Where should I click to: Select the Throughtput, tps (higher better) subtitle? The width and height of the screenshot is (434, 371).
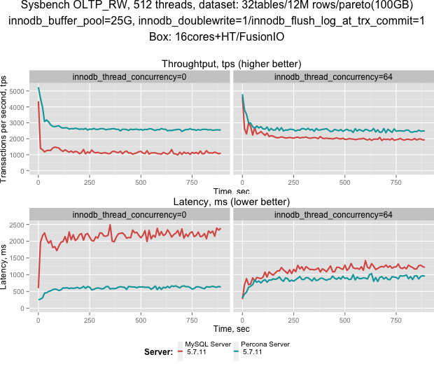pyautogui.click(x=231, y=64)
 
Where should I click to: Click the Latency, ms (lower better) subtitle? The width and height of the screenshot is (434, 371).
pyautogui.click(x=231, y=202)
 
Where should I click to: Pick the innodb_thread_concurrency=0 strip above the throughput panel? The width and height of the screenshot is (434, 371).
pyautogui.click(x=129, y=76)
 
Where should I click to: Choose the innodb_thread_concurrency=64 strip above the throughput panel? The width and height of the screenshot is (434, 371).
pyautogui.click(x=332, y=76)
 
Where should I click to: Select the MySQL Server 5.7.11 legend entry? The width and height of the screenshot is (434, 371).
pyautogui.click(x=207, y=348)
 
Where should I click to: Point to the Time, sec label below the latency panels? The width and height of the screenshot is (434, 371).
pyautogui.click(x=231, y=328)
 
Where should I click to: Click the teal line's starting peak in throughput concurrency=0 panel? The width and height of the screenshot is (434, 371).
pyautogui.click(x=38, y=88)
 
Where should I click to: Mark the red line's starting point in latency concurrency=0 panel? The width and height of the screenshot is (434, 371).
pyautogui.click(x=38, y=287)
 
